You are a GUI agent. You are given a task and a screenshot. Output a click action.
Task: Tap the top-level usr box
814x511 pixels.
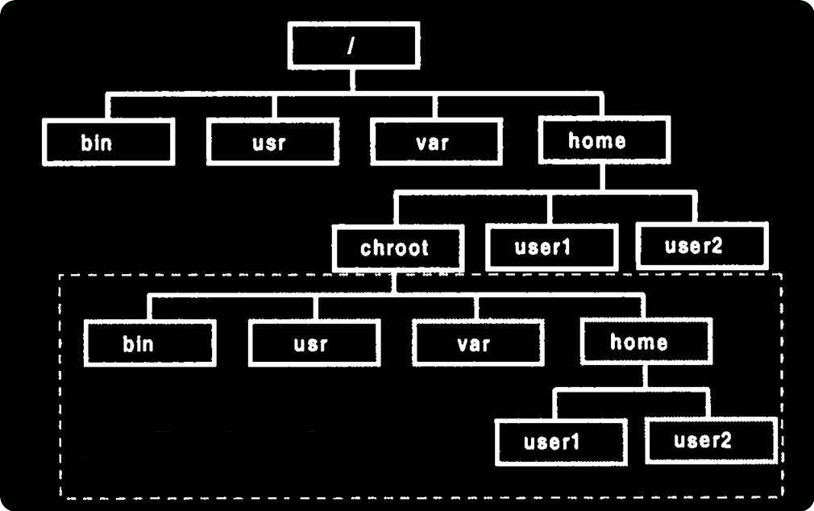[272, 142]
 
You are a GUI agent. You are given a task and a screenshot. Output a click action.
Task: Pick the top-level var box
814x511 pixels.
[436, 142]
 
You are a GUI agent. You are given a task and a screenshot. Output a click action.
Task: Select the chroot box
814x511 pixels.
[397, 248]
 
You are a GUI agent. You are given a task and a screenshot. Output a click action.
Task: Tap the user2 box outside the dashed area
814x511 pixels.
[701, 246]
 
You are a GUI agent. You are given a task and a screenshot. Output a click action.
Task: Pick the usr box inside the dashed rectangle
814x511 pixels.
[314, 343]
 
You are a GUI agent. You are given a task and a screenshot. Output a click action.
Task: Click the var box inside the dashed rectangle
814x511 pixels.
[477, 343]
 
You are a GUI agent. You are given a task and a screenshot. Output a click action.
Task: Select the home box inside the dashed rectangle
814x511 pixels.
[646, 341]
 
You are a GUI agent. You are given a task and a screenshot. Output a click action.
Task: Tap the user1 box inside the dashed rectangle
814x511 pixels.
[561, 442]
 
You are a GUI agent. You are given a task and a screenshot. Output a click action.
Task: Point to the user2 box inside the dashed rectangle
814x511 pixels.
[710, 440]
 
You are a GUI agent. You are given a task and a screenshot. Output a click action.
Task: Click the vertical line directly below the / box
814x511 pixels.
[352, 81]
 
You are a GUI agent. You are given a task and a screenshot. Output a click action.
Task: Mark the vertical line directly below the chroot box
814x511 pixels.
[396, 282]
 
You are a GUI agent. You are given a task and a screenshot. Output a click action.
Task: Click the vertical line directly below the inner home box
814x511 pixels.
[645, 377]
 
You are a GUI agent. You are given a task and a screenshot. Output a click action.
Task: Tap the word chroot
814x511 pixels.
[395, 248]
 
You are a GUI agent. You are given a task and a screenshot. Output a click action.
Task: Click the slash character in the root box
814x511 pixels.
[351, 46]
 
